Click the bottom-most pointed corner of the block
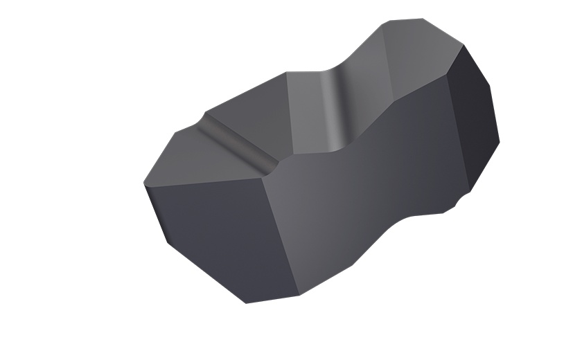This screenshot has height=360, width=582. [247, 303]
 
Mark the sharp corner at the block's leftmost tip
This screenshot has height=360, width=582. [143, 184]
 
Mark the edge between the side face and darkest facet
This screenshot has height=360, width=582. [460, 132]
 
